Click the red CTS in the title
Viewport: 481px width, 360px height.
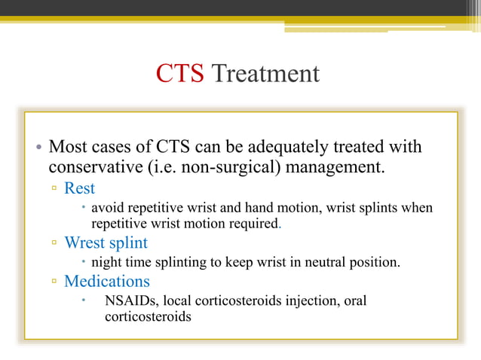click(x=179, y=74)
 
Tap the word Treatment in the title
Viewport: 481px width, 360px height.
click(x=265, y=74)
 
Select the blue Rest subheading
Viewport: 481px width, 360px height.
click(x=79, y=188)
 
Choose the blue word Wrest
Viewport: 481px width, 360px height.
click(x=85, y=243)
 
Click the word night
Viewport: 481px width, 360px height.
click(x=106, y=263)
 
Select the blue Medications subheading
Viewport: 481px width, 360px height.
click(x=106, y=282)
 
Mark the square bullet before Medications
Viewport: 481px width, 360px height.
click(x=54, y=282)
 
